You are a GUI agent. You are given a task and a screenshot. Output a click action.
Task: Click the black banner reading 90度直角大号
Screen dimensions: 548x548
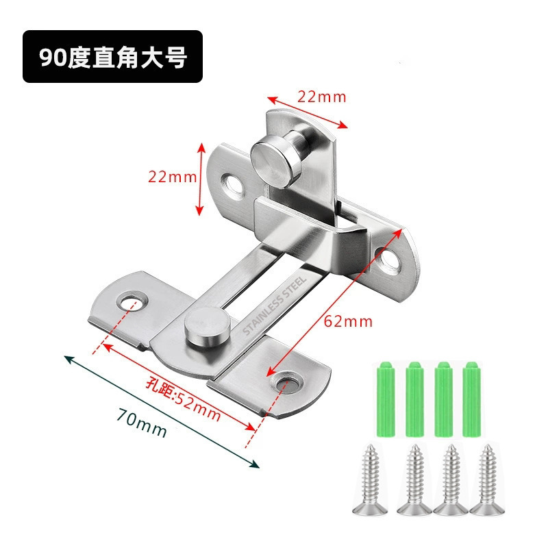point(113,57)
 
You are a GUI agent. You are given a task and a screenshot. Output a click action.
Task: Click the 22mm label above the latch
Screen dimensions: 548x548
point(321,97)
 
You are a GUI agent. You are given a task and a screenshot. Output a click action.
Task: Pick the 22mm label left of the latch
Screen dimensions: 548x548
point(172,177)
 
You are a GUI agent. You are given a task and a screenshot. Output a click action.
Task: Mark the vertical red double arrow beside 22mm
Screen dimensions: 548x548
point(201,177)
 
